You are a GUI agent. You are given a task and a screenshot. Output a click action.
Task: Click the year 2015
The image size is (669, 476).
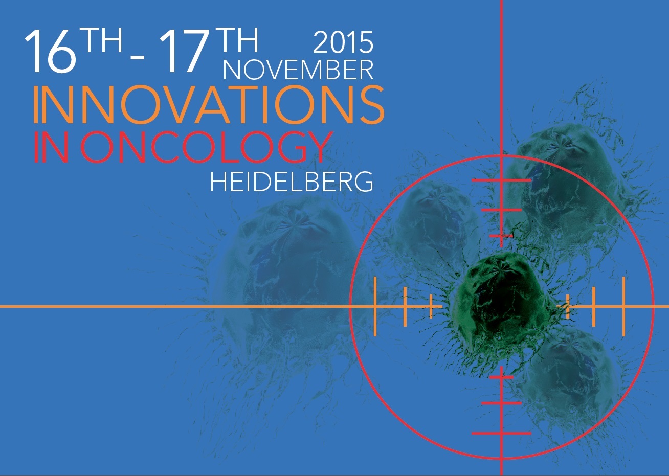(x=343, y=42)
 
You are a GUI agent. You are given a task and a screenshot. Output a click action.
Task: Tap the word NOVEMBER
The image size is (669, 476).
(x=298, y=70)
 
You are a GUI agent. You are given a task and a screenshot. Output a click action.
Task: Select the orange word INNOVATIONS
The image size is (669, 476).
(x=209, y=104)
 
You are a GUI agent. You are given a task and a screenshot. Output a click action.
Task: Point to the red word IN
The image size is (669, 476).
(x=51, y=147)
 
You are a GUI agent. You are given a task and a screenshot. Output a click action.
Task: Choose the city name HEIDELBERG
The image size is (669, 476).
(x=292, y=182)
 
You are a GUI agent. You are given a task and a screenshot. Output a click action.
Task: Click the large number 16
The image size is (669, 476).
(x=50, y=51)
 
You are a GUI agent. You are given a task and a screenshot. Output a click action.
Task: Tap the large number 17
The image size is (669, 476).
(x=184, y=51)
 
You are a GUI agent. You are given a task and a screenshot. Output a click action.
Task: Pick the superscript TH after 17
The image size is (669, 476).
(x=236, y=40)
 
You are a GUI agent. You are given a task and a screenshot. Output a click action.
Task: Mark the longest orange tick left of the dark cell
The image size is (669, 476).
(x=375, y=306)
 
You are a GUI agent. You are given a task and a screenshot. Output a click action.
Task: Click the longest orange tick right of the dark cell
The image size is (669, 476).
(x=623, y=306)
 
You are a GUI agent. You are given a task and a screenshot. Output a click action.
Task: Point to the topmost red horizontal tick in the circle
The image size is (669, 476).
(x=501, y=180)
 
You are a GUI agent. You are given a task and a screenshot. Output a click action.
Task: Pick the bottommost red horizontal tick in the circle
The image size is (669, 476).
(x=501, y=433)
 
